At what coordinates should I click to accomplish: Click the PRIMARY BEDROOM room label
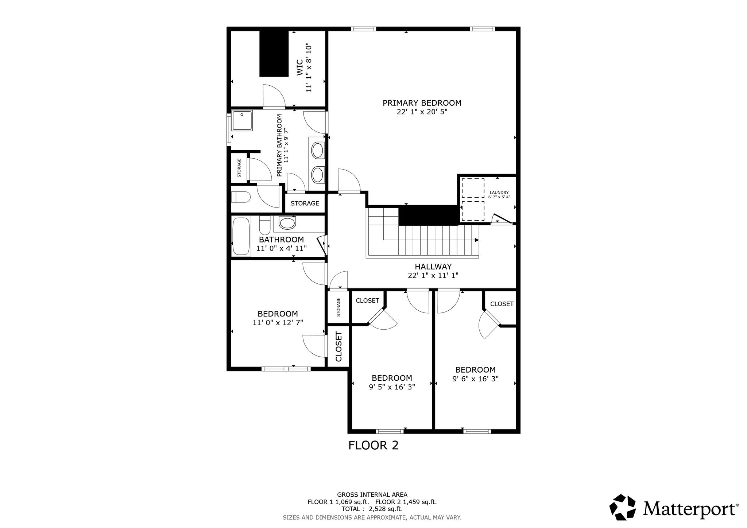(x=422, y=103)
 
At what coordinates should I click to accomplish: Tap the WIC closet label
(x=299, y=68)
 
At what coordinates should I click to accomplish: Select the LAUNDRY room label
(x=499, y=193)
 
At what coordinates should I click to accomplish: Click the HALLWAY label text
(x=433, y=267)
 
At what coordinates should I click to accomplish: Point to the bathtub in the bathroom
(x=241, y=236)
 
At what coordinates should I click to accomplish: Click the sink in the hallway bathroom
(x=287, y=222)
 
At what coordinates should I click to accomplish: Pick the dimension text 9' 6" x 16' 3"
(x=476, y=379)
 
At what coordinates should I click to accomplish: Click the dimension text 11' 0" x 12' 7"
(x=278, y=322)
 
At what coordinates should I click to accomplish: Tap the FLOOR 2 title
(x=373, y=445)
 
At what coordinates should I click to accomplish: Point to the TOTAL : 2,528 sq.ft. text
(x=372, y=509)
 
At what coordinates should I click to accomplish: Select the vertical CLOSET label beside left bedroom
(x=338, y=346)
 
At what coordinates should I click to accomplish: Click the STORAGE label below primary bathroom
(x=305, y=203)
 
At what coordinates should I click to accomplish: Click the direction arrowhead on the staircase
(x=477, y=240)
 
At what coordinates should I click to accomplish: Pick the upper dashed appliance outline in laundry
(x=473, y=188)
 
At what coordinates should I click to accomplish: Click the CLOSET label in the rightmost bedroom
(x=502, y=304)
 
